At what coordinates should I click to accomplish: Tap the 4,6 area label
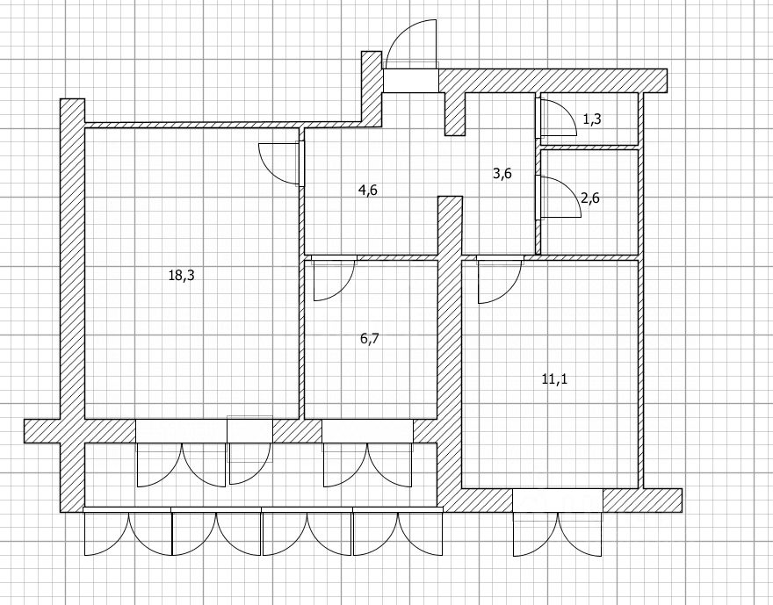pos(368,190)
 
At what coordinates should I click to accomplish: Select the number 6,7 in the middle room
pos(370,337)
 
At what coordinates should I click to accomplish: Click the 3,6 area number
pos(502,173)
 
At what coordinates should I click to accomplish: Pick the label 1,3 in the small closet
pos(591,119)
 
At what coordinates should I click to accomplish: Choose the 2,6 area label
pos(591,198)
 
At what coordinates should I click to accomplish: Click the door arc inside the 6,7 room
pos(334,279)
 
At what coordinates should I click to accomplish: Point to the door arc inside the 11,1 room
pos(499,280)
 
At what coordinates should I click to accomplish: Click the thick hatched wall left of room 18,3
pos(71,263)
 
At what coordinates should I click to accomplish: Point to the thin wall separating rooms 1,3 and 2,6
pos(589,147)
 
